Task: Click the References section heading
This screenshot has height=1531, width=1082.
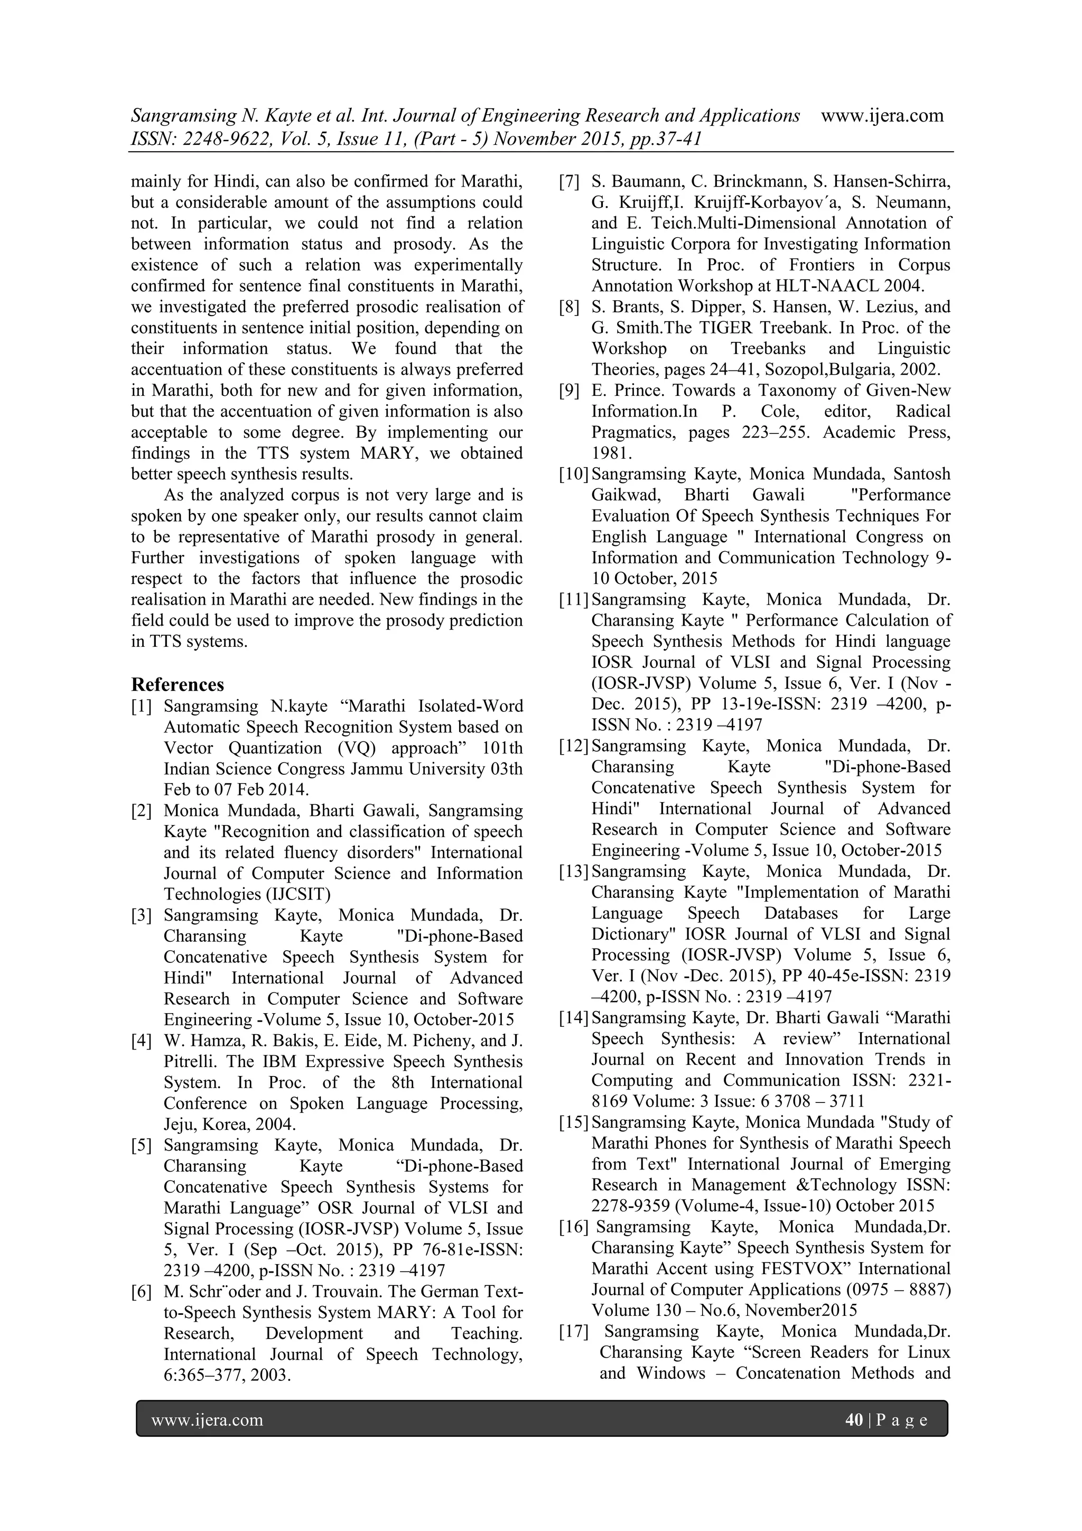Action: point(178,685)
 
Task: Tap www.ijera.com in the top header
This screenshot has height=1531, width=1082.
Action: point(882,116)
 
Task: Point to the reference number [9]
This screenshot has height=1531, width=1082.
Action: point(570,391)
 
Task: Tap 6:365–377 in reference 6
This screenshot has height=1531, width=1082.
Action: point(201,1375)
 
